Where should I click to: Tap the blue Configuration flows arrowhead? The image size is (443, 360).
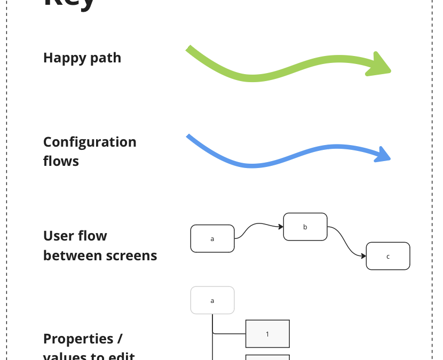383,155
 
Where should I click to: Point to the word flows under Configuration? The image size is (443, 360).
61,161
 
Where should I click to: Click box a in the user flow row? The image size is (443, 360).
212,238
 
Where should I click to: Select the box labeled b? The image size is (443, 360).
305,227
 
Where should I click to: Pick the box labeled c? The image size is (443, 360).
388,256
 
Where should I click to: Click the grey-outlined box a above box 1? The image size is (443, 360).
212,300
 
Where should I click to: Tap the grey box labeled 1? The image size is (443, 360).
267,334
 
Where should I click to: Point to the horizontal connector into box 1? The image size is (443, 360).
229,334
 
